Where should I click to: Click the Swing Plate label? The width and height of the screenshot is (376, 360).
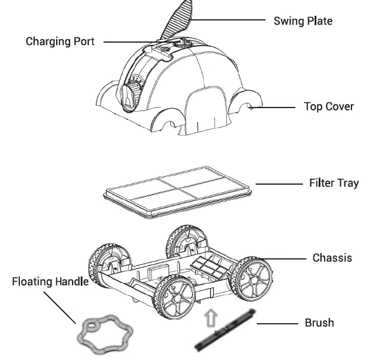(x=304, y=21)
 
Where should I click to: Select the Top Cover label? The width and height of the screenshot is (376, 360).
(x=329, y=107)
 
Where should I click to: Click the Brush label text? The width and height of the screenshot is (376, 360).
(x=319, y=323)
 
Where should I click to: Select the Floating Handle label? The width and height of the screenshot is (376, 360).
(x=50, y=282)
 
